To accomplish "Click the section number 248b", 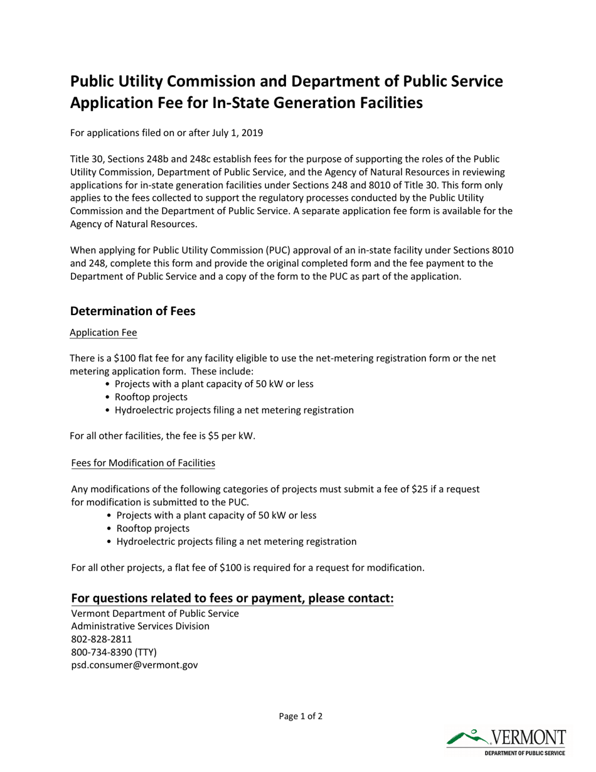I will [x=162, y=159].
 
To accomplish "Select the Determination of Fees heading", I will [x=132, y=311].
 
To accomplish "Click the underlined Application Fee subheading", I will [x=103, y=332].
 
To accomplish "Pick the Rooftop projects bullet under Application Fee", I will [x=151, y=397].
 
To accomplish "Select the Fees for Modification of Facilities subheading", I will [x=143, y=463].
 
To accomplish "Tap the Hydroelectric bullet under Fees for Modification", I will [x=236, y=541].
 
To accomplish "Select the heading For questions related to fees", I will [x=232, y=598].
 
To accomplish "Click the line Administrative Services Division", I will [x=141, y=626].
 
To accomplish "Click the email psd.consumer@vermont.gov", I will [x=134, y=665].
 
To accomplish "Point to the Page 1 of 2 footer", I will [x=301, y=716].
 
